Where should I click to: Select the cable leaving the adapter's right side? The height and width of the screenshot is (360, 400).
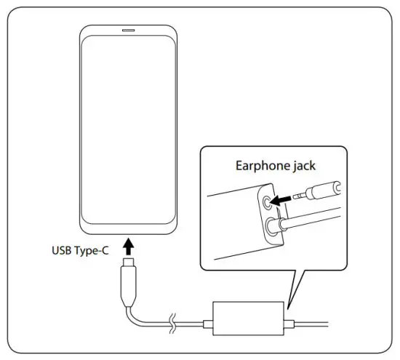313,323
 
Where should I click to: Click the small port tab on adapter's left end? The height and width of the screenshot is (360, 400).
210,321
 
